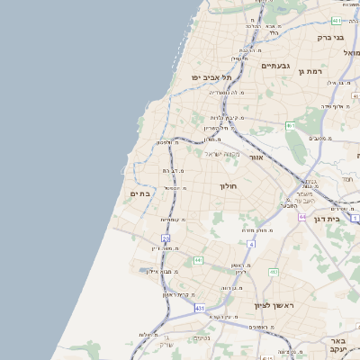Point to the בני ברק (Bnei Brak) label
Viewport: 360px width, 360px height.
331,38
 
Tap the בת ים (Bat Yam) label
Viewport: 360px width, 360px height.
139,192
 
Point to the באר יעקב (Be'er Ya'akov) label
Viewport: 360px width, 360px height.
337,346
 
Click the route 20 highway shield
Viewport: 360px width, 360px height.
166,238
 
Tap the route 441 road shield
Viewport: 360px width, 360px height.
197,261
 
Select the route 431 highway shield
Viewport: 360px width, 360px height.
200,309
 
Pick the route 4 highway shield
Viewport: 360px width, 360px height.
251,244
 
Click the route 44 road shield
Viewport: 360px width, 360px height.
303,217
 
